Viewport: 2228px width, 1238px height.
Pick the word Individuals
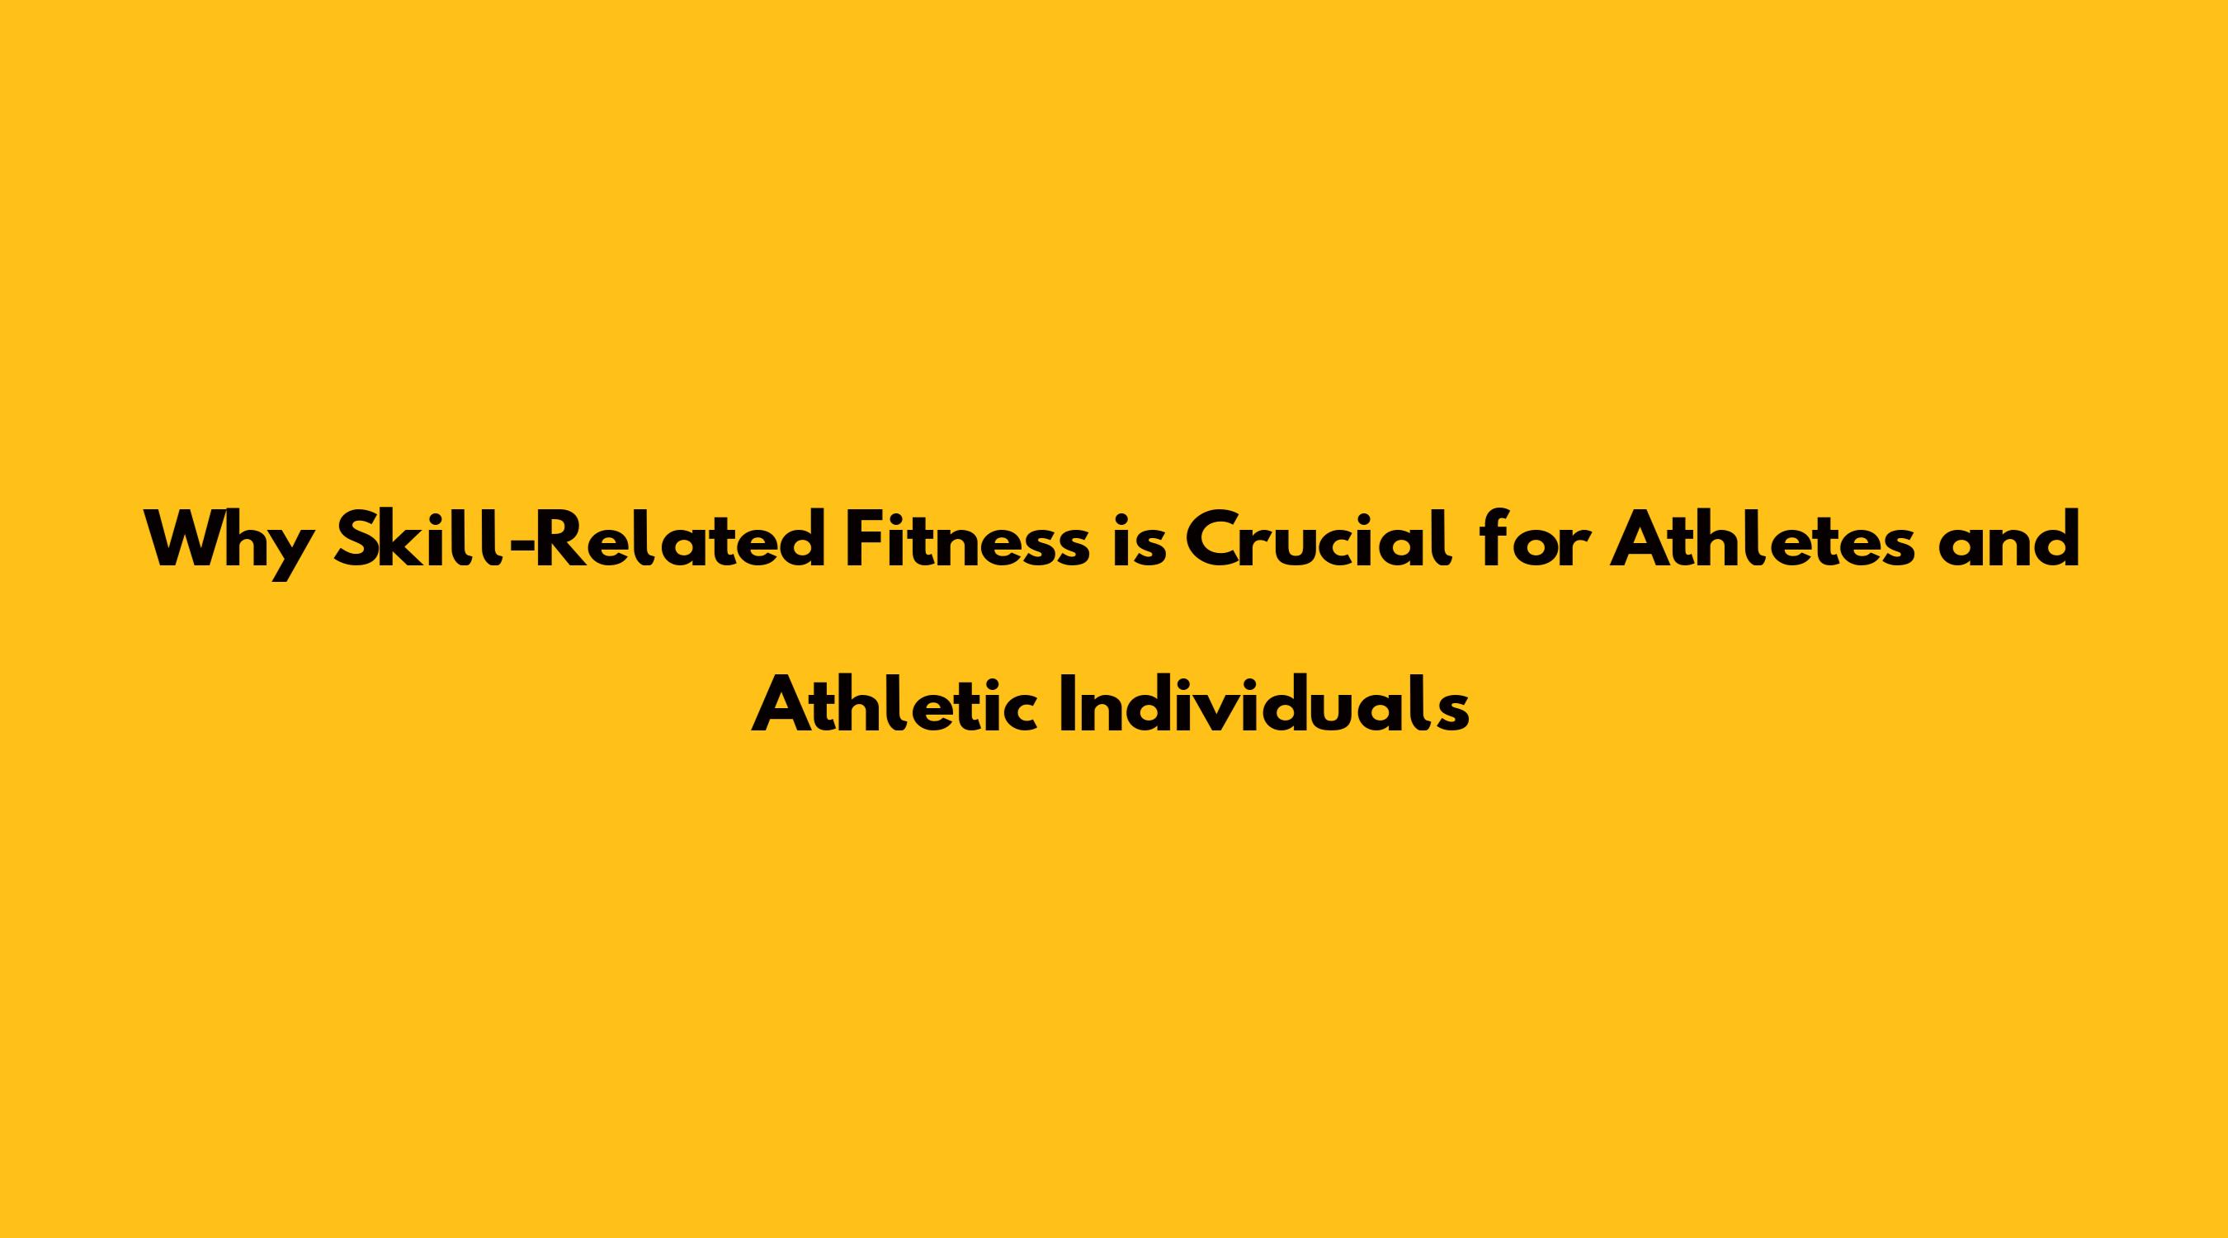point(1263,702)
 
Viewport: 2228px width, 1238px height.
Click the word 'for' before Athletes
point(1530,538)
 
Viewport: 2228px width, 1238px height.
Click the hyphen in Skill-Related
point(519,545)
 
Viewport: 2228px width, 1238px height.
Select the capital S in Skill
point(361,539)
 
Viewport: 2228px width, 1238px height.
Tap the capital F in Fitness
point(863,540)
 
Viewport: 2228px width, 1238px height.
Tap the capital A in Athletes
point(1639,540)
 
